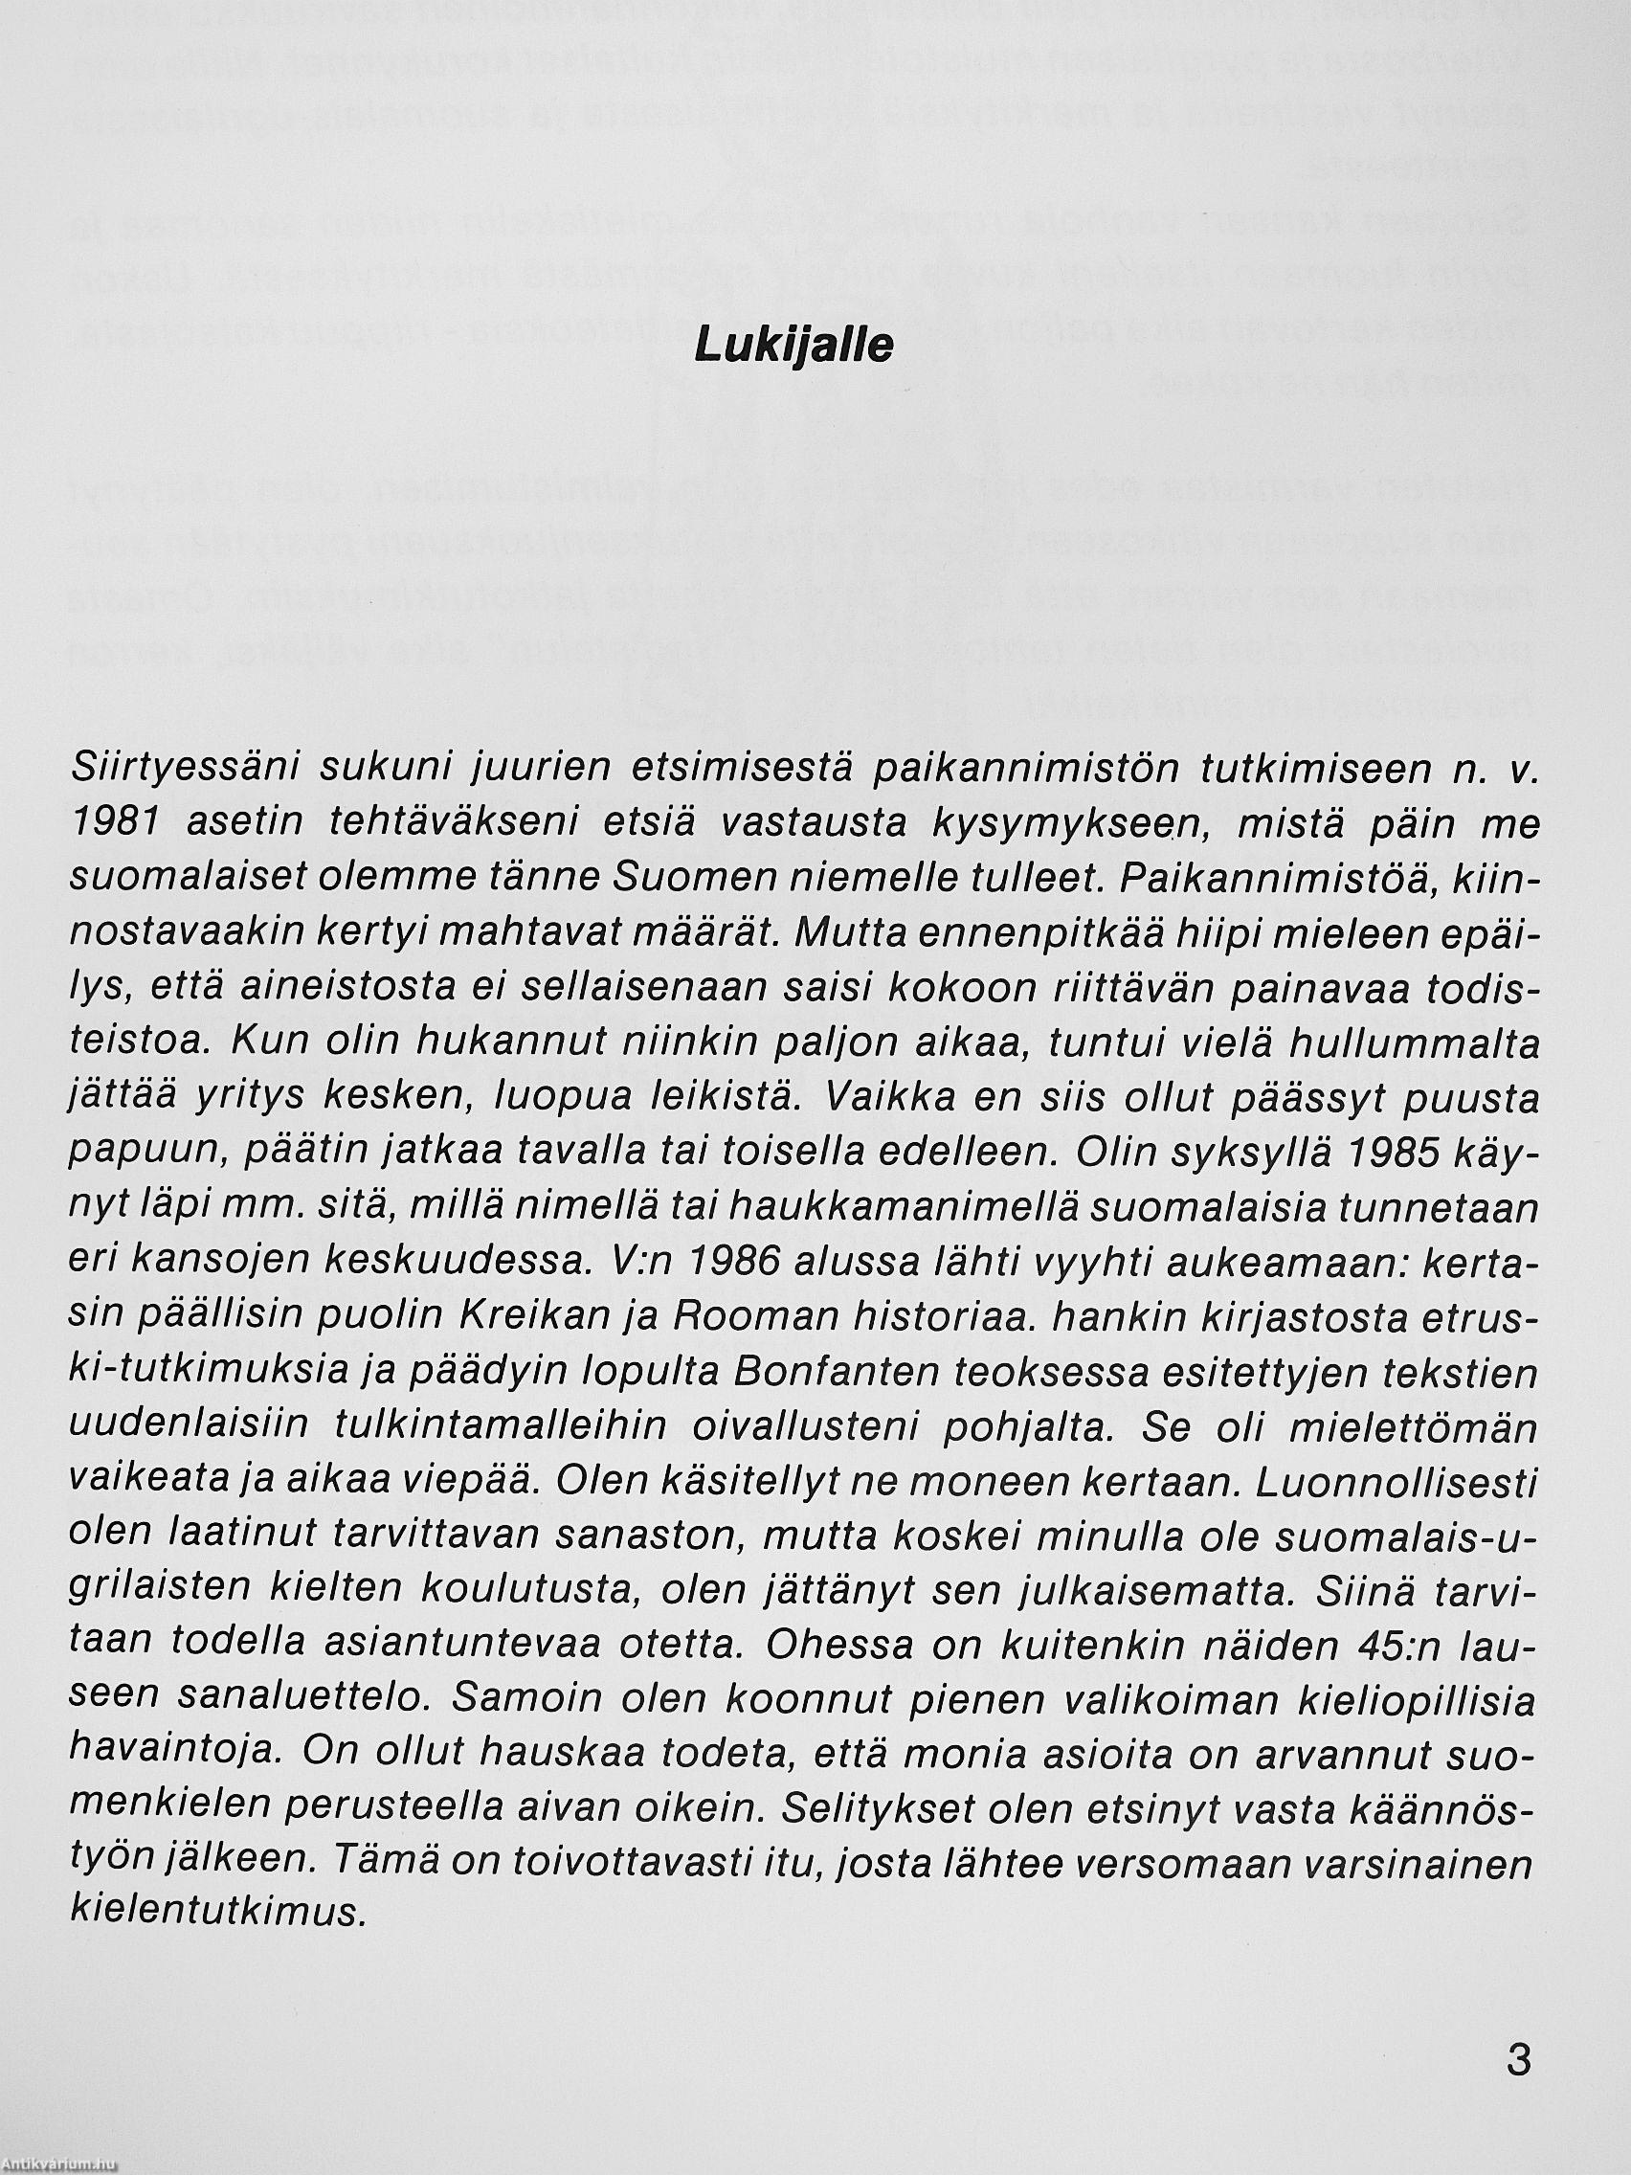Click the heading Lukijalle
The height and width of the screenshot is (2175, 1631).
point(793,347)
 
